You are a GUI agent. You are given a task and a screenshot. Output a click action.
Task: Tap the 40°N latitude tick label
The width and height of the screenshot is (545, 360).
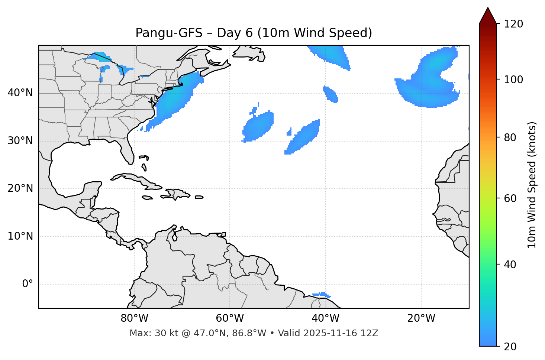(x=20, y=93)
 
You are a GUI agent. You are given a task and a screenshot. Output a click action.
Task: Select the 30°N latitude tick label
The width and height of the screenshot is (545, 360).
(x=20, y=141)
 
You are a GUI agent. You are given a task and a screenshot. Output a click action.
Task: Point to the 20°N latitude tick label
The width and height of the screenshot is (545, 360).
(x=20, y=188)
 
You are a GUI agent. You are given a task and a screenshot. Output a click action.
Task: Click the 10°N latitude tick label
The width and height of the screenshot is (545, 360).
(x=20, y=236)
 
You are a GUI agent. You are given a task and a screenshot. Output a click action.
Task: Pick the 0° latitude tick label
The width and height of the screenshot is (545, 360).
(x=27, y=284)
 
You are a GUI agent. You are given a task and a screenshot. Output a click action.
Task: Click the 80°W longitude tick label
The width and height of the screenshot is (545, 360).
(x=134, y=318)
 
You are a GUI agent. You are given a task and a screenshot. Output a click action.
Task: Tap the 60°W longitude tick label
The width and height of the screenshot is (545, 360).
(x=230, y=318)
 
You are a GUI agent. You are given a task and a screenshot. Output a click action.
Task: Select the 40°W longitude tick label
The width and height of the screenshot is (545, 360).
(x=325, y=318)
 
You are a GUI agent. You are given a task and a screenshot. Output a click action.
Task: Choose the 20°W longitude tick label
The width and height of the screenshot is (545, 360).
(x=421, y=318)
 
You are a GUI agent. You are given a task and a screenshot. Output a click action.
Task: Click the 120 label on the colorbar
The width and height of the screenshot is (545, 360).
(x=513, y=24)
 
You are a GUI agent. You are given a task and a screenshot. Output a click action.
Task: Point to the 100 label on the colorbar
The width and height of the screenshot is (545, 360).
(x=513, y=80)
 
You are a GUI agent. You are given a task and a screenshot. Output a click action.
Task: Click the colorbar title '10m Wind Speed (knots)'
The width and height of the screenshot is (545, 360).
(x=532, y=185)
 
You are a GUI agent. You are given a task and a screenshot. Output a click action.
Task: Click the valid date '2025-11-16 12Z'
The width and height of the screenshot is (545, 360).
(x=341, y=333)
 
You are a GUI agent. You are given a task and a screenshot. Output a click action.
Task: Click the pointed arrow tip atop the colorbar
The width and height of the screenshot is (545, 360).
(x=488, y=9)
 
